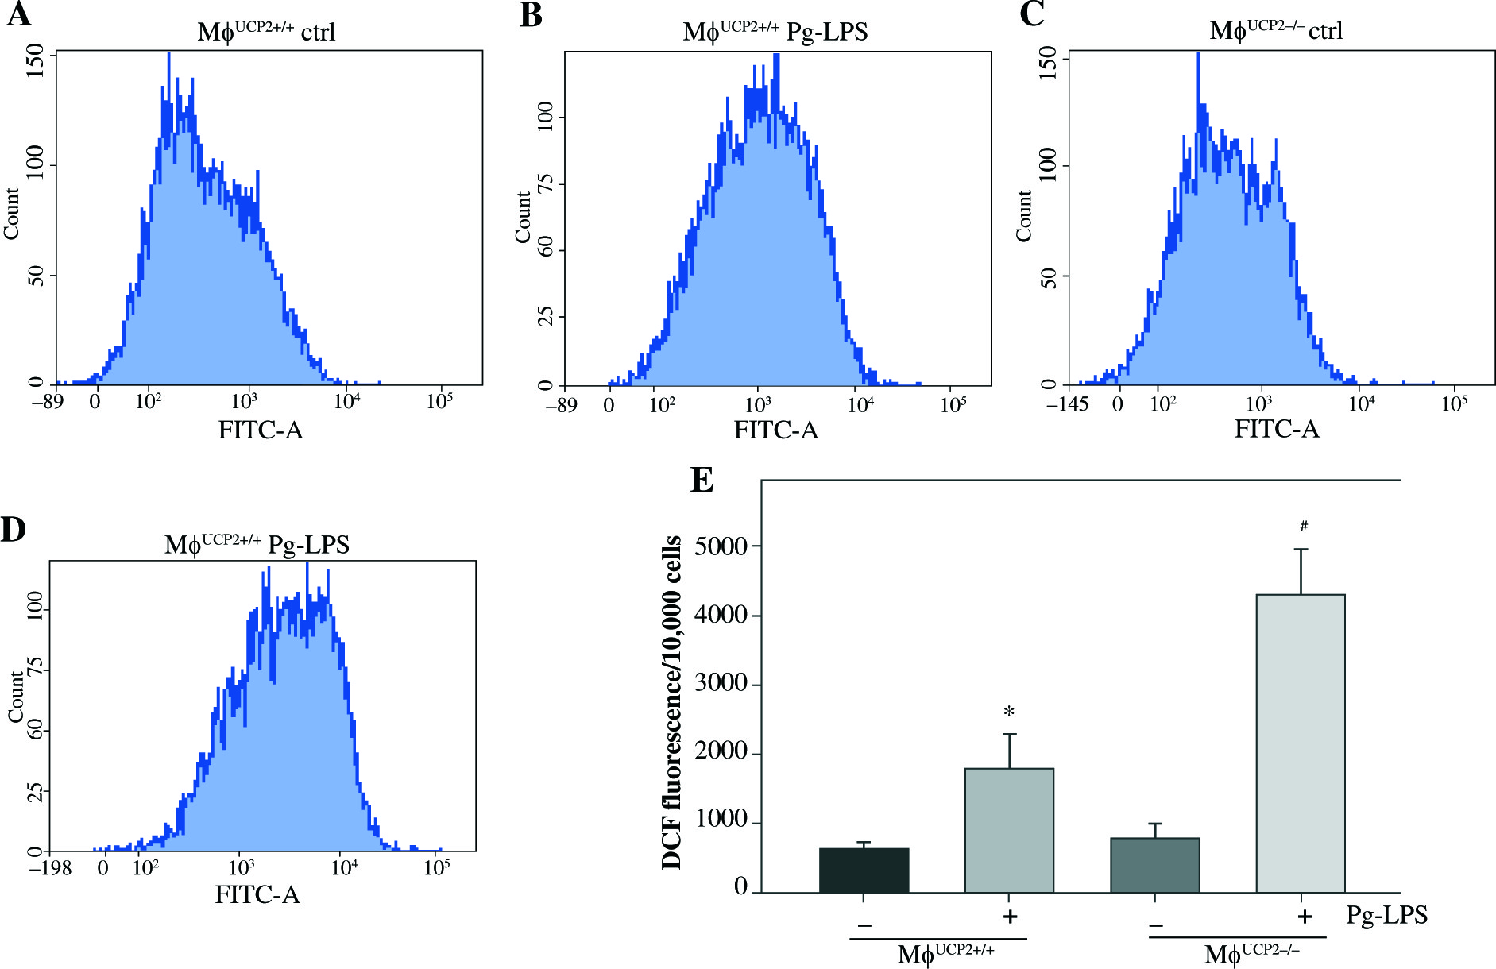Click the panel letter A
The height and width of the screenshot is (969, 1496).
(18, 15)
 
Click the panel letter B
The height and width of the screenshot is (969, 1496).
(531, 15)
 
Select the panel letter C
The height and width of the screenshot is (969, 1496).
(1030, 15)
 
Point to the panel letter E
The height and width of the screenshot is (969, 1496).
(702, 481)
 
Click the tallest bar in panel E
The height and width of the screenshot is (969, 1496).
(1300, 743)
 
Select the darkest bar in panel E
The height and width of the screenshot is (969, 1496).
(864, 870)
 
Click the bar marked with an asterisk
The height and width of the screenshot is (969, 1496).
(1009, 830)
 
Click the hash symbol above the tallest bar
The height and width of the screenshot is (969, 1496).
(1304, 526)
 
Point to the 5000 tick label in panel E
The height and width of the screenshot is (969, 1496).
(721, 546)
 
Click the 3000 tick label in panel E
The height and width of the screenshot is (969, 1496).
(721, 684)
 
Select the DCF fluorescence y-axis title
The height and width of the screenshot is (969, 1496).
(672, 702)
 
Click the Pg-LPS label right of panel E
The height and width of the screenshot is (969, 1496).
(1386, 915)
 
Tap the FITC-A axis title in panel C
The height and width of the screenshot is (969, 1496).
(1276, 429)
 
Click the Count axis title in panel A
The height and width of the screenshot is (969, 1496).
(11, 214)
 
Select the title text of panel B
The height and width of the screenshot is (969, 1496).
(775, 31)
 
